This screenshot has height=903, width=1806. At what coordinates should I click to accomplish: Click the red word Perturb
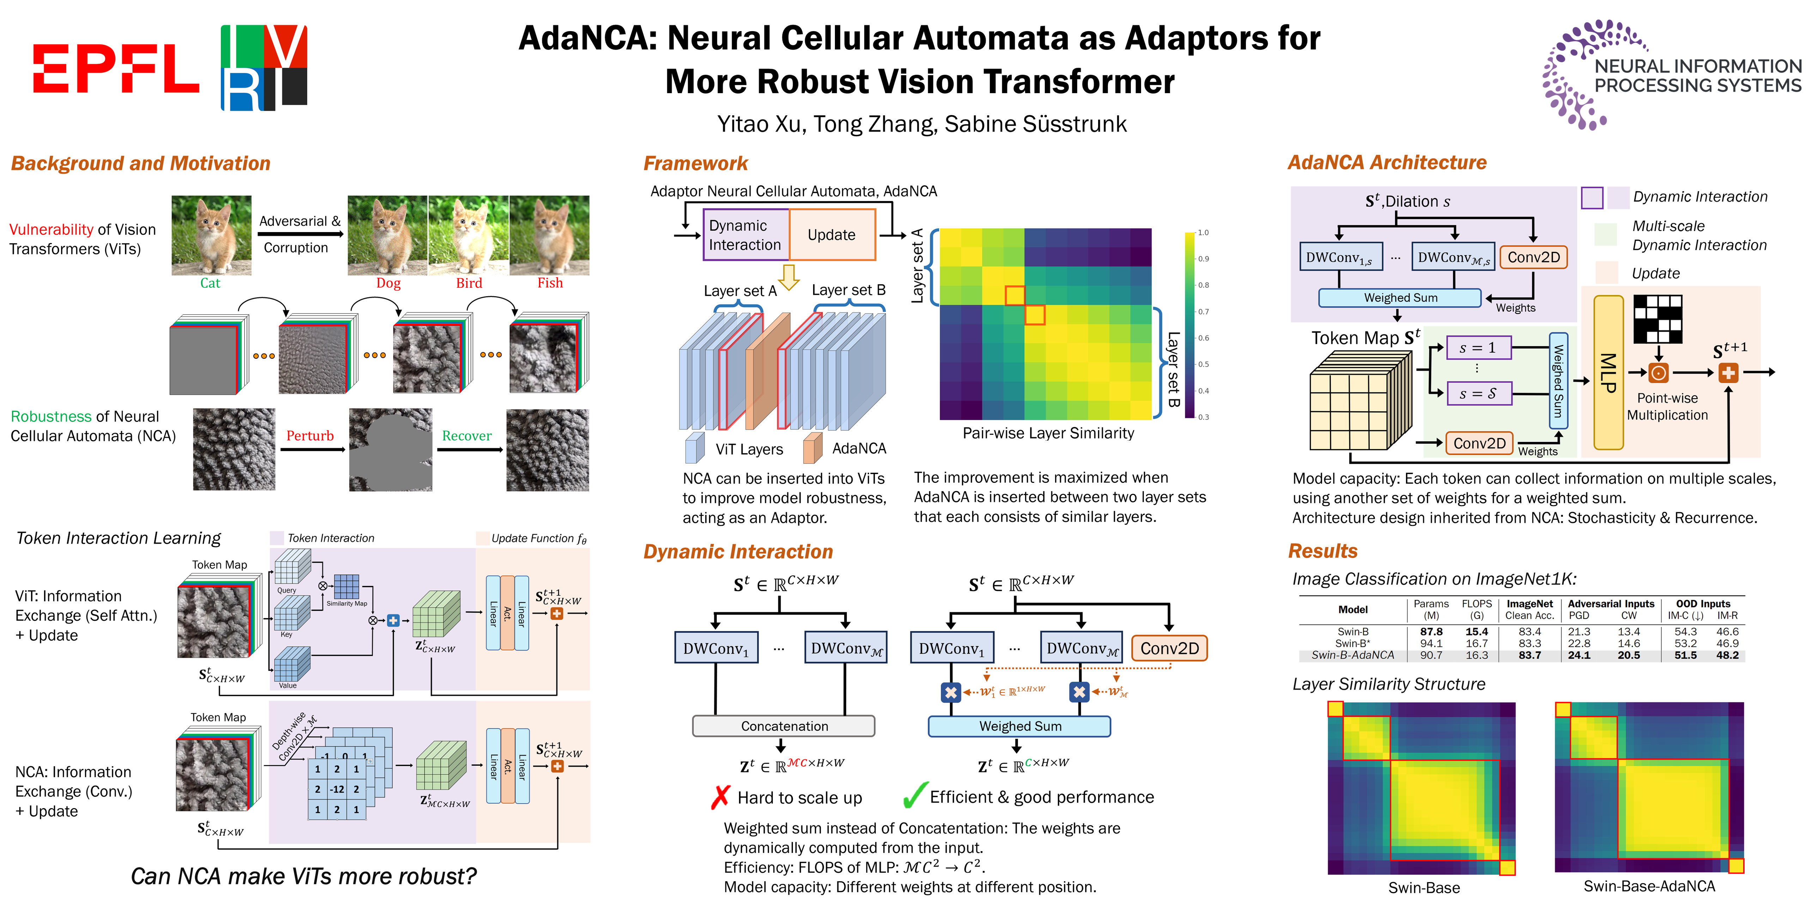310,436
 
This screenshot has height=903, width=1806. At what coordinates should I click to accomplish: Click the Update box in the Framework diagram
832,235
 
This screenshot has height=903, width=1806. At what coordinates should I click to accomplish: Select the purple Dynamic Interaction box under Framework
745,235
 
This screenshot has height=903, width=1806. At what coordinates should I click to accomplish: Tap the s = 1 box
1478,348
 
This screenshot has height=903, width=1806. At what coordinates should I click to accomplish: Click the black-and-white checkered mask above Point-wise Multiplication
1657,319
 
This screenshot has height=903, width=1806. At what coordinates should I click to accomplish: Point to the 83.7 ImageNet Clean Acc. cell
1530,655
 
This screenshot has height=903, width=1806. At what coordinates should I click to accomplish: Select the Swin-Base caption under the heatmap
1424,887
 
